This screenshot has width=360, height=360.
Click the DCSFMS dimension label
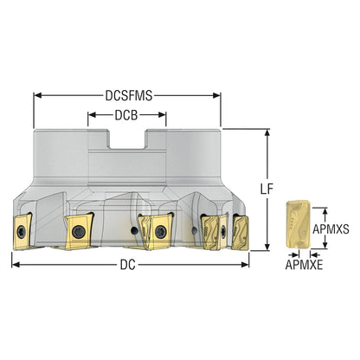(129, 96)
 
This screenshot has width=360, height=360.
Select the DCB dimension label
(126, 115)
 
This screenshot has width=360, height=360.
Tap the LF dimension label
(267, 190)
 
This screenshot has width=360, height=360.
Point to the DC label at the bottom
(127, 265)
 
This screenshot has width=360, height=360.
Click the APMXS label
(331, 229)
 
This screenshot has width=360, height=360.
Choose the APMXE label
(304, 265)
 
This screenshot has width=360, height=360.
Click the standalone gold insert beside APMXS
(298, 224)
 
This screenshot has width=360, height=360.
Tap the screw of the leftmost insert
(22, 232)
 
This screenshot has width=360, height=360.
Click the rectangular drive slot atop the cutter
(127, 139)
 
